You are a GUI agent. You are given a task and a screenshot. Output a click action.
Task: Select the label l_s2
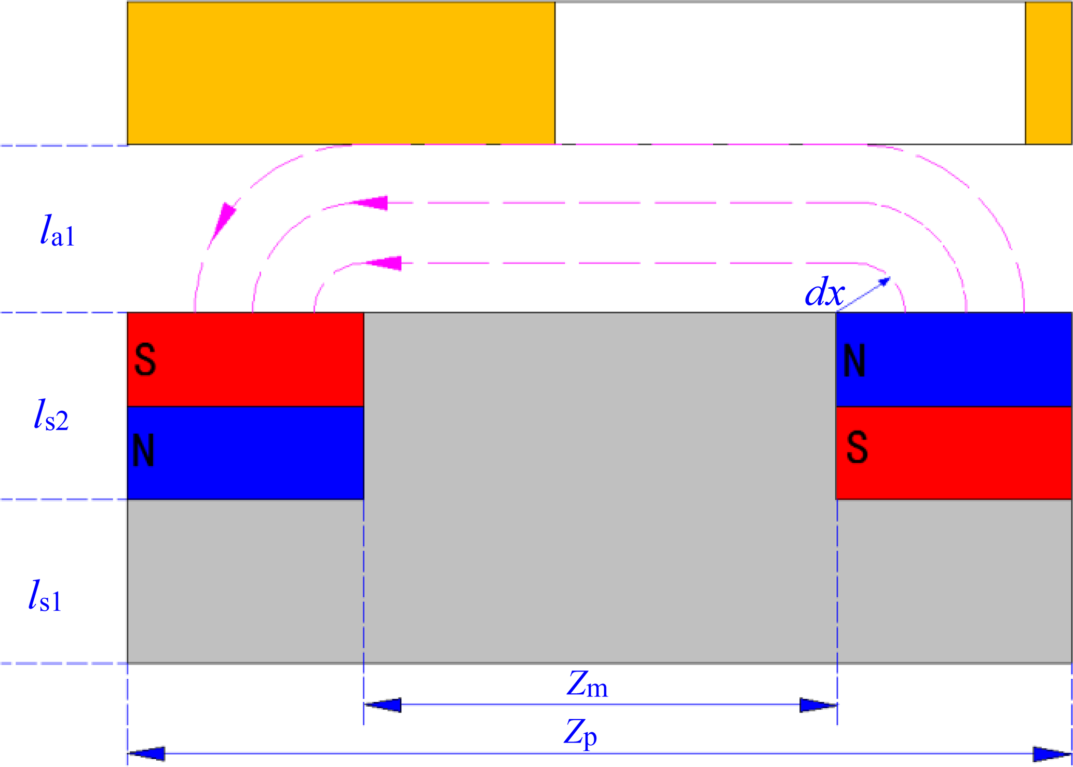[x=51, y=415]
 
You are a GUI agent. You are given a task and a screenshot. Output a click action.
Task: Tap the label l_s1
[x=45, y=596]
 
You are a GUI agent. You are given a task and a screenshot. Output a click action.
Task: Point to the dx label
[x=824, y=292]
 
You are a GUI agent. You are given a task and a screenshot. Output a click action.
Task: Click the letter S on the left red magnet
[x=145, y=359]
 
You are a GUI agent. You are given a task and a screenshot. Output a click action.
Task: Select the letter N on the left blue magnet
[x=143, y=450]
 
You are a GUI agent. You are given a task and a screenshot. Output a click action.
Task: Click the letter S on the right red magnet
[x=857, y=447]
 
